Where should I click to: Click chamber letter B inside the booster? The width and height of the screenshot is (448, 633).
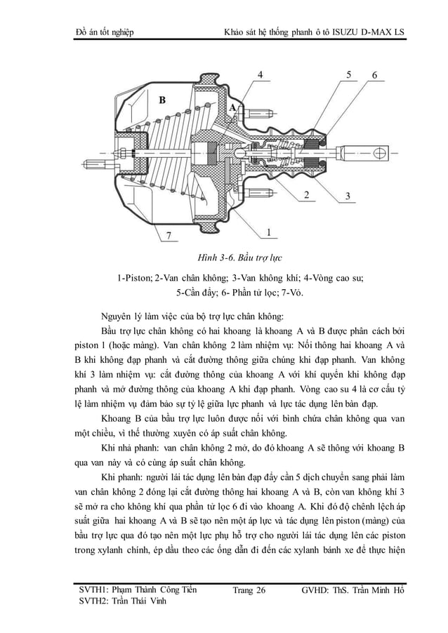162,100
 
